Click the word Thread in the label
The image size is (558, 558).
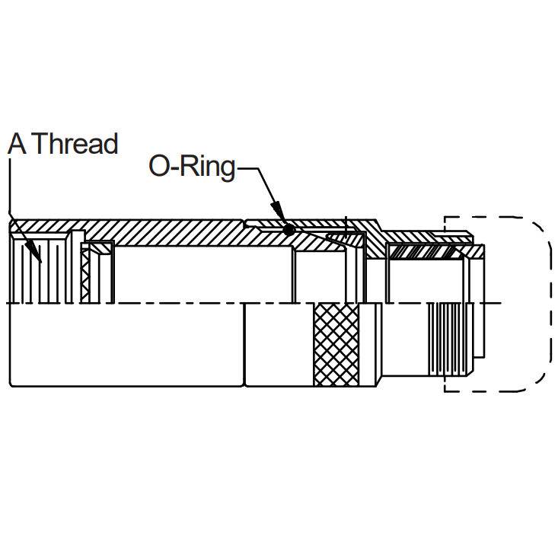77,144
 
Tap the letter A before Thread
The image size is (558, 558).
17,144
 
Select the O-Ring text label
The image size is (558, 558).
192,167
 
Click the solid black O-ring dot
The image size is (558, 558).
289,230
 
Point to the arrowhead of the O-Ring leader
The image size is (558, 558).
279,211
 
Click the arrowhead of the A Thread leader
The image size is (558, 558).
36,252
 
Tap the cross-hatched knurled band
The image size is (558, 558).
336,345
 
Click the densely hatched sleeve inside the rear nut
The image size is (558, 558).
424,252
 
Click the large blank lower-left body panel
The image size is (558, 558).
126,345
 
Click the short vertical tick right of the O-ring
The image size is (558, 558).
346,228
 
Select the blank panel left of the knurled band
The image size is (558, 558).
279,345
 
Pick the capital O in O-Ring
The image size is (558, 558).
158,166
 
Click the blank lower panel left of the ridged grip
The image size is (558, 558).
405,340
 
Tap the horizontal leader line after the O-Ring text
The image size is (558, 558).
247,168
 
